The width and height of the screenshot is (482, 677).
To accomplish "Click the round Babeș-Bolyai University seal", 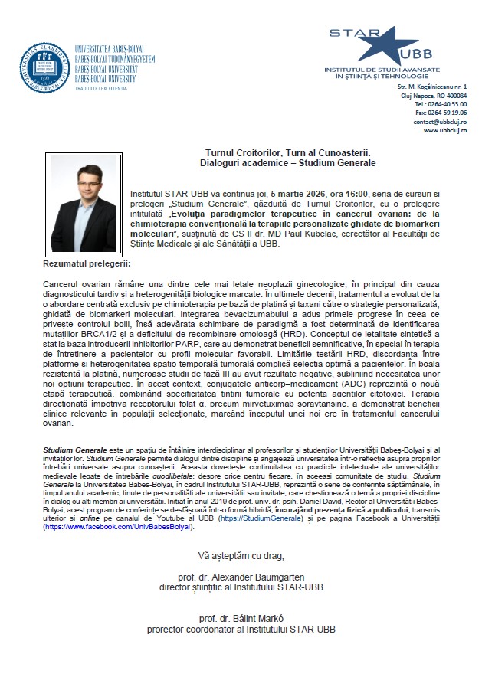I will click(x=45, y=67).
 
